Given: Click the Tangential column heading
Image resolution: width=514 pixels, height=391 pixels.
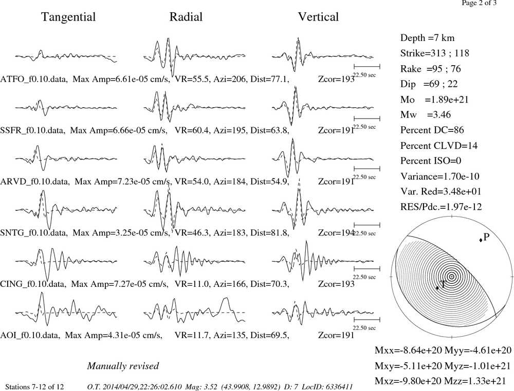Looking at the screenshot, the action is pyautogui.click(x=68, y=17).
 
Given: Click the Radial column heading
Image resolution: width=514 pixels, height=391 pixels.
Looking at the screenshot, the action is pyautogui.click(x=186, y=17).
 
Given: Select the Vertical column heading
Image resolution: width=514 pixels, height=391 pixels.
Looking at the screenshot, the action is pyautogui.click(x=318, y=17).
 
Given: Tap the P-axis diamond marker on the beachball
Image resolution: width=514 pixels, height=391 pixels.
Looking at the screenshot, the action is pyautogui.click(x=481, y=240).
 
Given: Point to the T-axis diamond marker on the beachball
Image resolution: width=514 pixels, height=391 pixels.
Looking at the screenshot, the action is pyautogui.click(x=437, y=288).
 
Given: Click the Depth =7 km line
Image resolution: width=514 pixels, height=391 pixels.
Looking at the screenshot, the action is pyautogui.click(x=428, y=38).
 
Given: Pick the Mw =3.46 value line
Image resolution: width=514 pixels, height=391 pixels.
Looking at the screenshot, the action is pyautogui.click(x=426, y=114).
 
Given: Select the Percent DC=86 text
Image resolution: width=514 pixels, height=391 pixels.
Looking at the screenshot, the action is pyautogui.click(x=432, y=130).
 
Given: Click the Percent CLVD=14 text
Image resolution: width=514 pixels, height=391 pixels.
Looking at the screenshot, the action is pyautogui.click(x=439, y=145).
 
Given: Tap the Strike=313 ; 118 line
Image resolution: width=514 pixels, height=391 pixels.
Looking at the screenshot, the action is pyautogui.click(x=435, y=53).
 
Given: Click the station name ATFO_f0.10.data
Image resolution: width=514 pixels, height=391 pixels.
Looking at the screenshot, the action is pyautogui.click(x=34, y=80).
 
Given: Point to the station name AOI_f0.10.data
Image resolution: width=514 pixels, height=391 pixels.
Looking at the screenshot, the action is pyautogui.click(x=30, y=336).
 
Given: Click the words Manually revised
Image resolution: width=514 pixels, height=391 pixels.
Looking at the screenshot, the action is pyautogui.click(x=123, y=366).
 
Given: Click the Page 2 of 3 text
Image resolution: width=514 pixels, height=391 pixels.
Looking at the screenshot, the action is pyautogui.click(x=479, y=3).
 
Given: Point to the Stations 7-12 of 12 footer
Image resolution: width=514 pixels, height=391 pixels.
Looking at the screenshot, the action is pyautogui.click(x=35, y=387).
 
